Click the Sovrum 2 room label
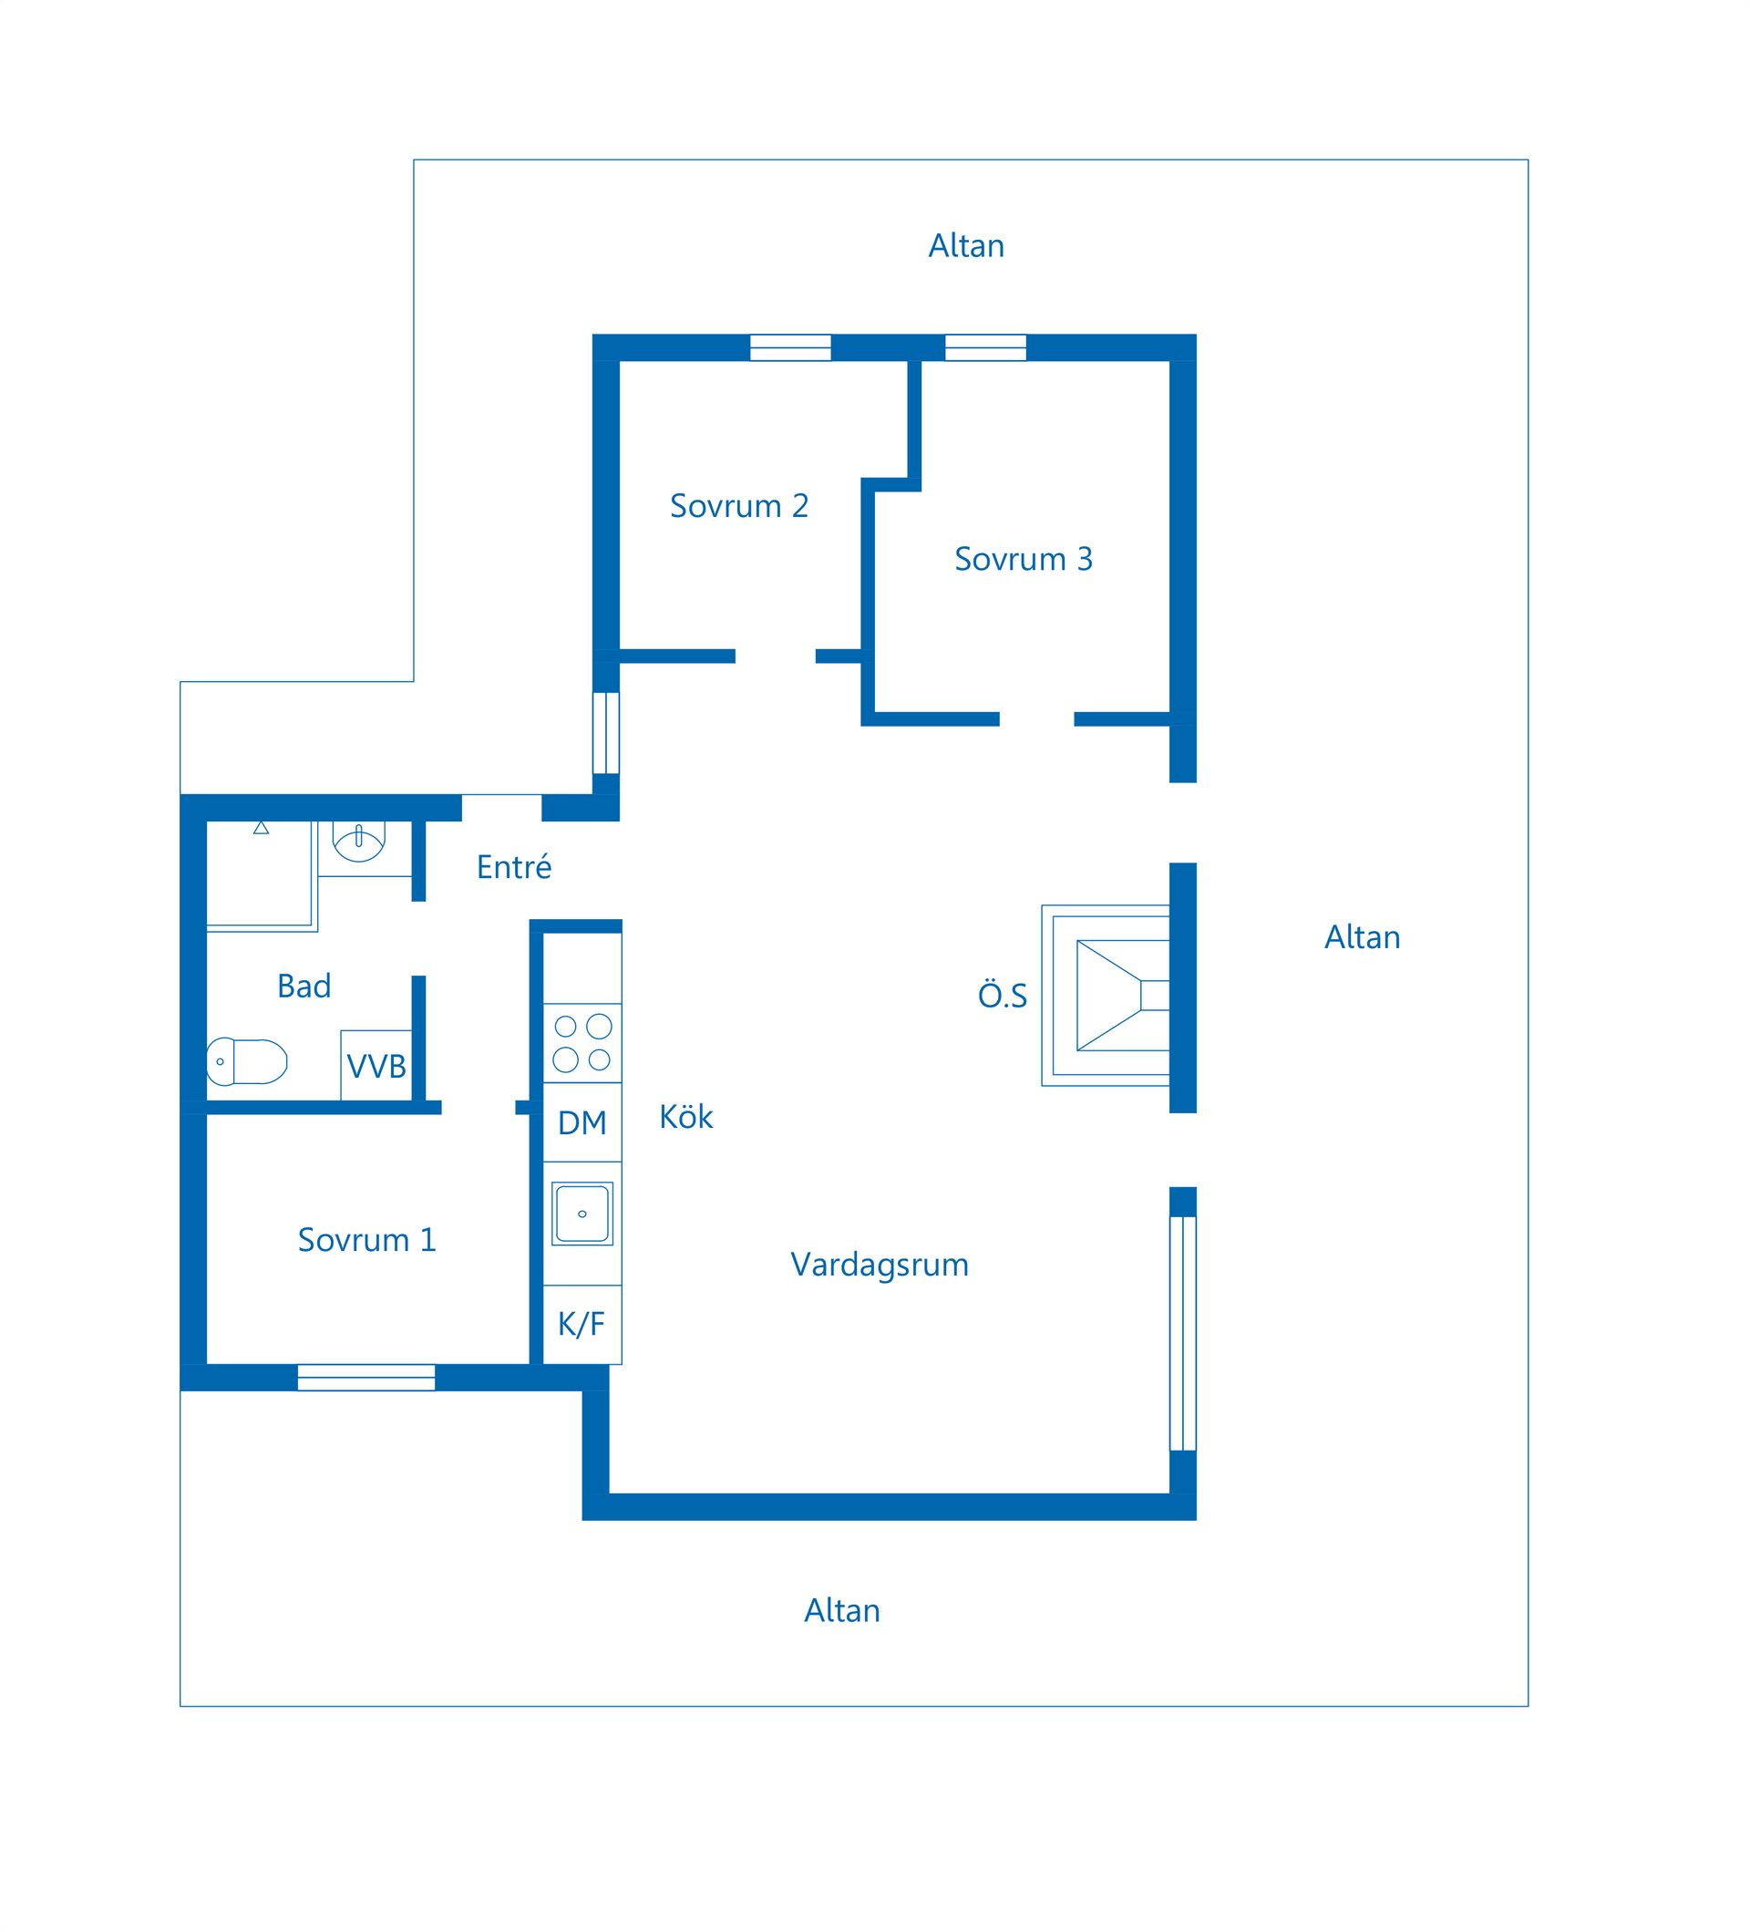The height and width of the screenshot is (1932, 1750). [738, 505]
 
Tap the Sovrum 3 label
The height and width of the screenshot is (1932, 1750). [1023, 558]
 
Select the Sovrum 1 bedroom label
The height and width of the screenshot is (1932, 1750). [366, 1239]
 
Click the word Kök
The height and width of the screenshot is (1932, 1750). [685, 1117]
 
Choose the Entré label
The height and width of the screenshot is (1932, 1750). [514, 866]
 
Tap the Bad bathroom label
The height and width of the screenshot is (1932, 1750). [304, 986]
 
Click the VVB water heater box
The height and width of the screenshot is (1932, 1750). [376, 1065]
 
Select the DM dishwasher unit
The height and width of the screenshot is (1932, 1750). [582, 1122]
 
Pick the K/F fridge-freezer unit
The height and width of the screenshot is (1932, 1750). [582, 1324]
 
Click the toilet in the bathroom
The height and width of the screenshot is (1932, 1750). [247, 1061]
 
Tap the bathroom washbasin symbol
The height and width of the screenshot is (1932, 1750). [358, 841]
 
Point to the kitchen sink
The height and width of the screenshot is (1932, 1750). [582, 1214]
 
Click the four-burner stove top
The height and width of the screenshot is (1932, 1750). [582, 1043]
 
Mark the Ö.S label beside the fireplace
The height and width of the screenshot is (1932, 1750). [1002, 995]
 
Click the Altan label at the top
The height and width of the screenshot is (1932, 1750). [965, 245]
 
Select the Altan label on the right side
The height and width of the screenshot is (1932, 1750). [1362, 936]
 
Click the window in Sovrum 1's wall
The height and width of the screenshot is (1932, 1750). [365, 1377]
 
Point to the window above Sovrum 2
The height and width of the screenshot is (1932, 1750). [790, 346]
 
